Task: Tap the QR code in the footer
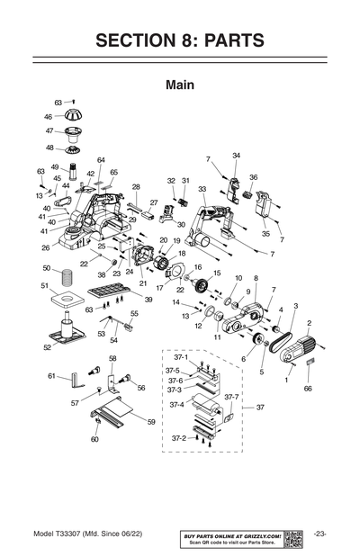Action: coord(292,537)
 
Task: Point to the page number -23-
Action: coord(320,535)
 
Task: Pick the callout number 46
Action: coord(49,116)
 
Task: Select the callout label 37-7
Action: coord(231,397)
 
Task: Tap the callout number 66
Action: coord(308,389)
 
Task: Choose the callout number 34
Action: coord(236,156)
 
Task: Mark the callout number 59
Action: coord(151,421)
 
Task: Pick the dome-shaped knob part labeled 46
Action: coord(73,114)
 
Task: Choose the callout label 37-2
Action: coord(179,437)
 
